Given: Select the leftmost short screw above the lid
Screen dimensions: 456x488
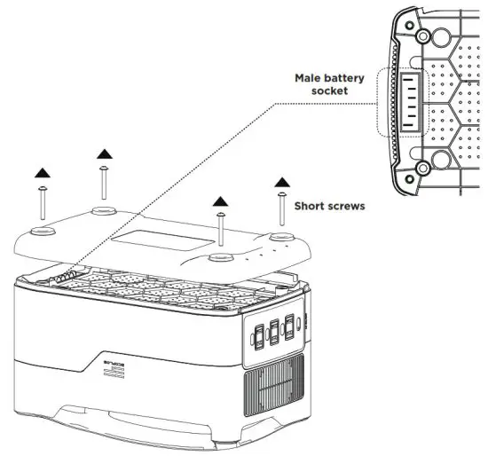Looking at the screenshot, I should pos(42,204).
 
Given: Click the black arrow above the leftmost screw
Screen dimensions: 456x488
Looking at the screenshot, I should pos(41,169).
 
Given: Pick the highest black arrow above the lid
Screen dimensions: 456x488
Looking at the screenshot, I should pos(103,153).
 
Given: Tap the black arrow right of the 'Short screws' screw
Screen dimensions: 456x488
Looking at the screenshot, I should pos(282,182).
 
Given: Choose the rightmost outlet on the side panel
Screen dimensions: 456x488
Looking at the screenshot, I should pos(290,325).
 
